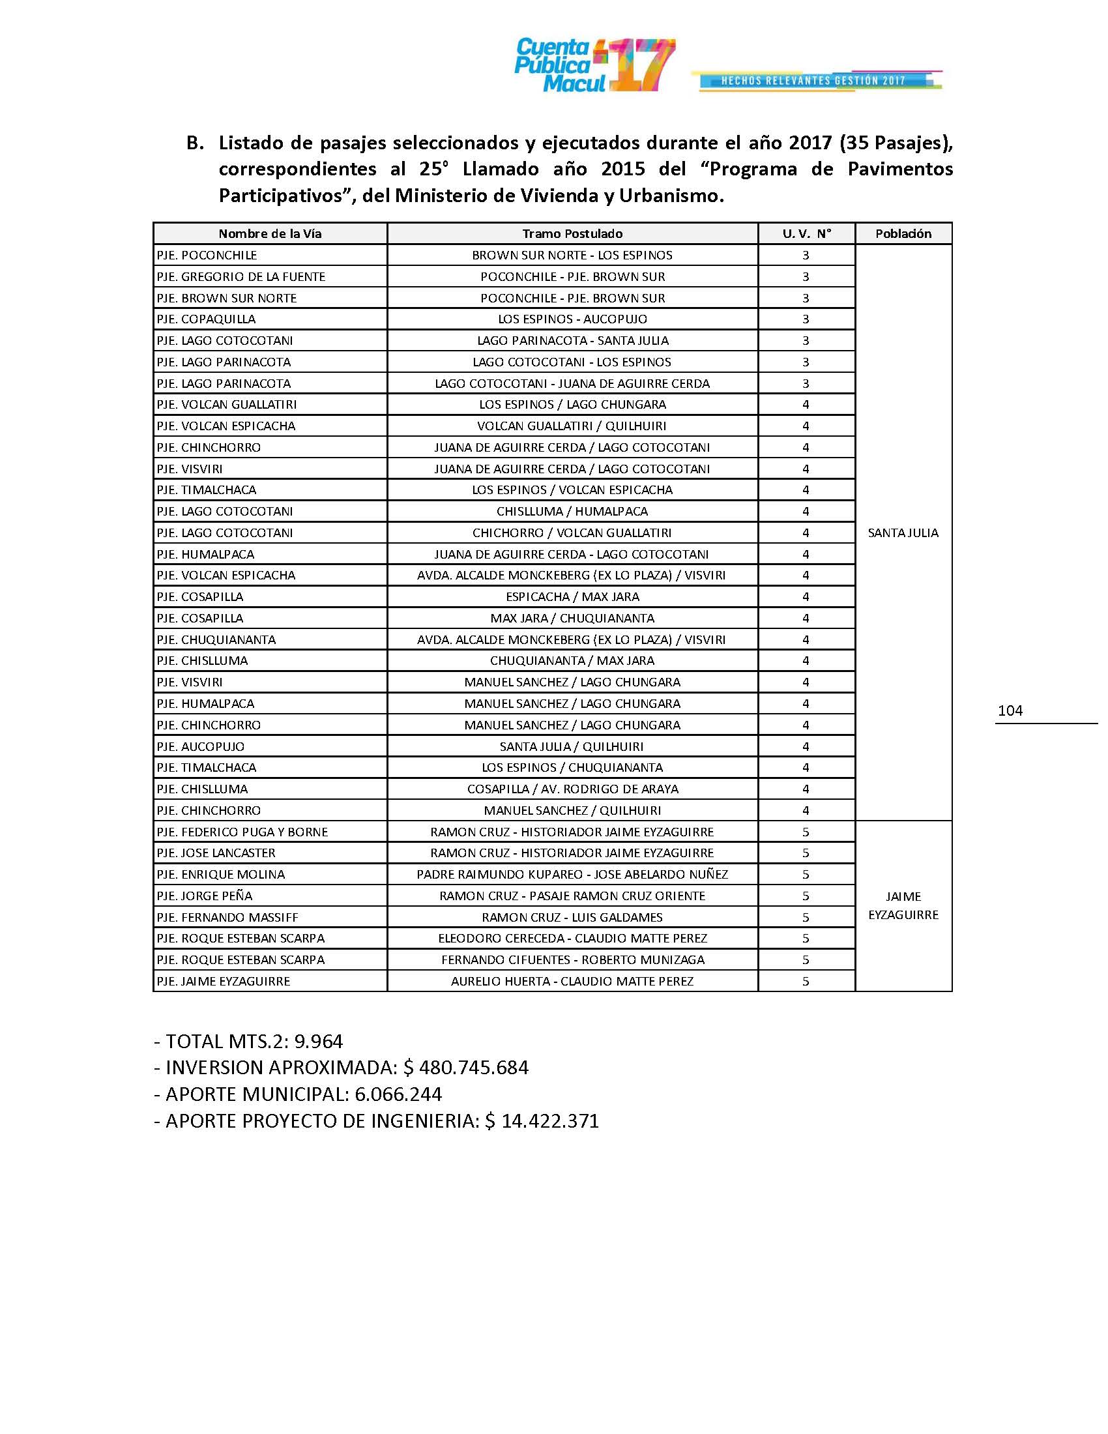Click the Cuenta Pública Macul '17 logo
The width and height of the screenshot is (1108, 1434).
pos(593,65)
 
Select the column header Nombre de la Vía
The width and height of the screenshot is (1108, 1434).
pos(270,234)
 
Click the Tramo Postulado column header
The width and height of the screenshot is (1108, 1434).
pos(572,234)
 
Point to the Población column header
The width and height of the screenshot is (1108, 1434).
pos(903,234)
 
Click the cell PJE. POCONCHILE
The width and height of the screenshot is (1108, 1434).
pos(207,256)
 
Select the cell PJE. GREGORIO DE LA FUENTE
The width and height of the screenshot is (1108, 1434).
pos(241,276)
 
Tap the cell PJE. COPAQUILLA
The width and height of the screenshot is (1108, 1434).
pos(206,319)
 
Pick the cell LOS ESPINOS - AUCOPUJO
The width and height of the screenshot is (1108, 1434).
pos(572,319)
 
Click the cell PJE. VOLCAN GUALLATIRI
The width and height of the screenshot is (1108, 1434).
pos(226,405)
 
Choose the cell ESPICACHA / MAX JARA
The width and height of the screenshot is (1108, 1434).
pos(572,597)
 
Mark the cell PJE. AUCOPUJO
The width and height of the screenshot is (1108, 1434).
pos(200,746)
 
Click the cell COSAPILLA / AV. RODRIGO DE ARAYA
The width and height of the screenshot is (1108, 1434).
pos(572,789)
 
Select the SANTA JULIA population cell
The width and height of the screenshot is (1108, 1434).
pos(903,533)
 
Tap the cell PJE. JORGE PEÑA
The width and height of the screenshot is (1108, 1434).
pos(204,896)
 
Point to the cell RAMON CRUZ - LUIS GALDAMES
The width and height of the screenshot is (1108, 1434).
pos(572,917)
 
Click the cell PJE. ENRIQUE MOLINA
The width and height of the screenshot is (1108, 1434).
pos(220,875)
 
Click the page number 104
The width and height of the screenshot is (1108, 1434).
pos(1010,710)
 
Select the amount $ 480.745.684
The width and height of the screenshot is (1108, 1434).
pos(465,1068)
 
